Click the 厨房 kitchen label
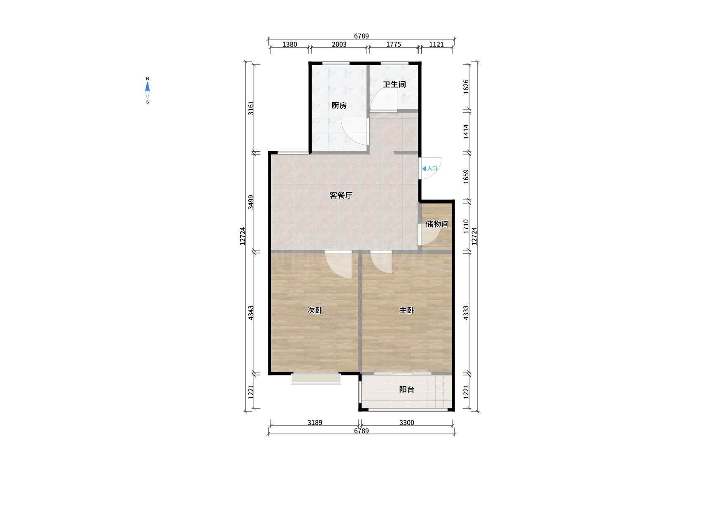click(x=339, y=105)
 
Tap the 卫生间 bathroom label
click(x=394, y=84)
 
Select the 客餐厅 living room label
click(x=341, y=195)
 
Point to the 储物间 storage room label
click(x=437, y=224)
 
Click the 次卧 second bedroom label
click(x=315, y=310)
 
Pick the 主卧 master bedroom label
click(x=406, y=310)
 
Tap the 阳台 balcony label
click(x=406, y=389)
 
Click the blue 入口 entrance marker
click(x=429, y=169)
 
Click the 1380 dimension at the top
click(x=289, y=45)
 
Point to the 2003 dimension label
click(x=339, y=45)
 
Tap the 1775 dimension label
click(x=393, y=45)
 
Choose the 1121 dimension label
click(x=436, y=45)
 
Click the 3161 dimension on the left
click(x=251, y=108)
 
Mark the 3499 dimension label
click(x=251, y=202)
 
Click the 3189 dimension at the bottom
click(x=315, y=422)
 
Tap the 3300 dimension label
click(x=406, y=422)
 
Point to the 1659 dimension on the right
click(x=466, y=177)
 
